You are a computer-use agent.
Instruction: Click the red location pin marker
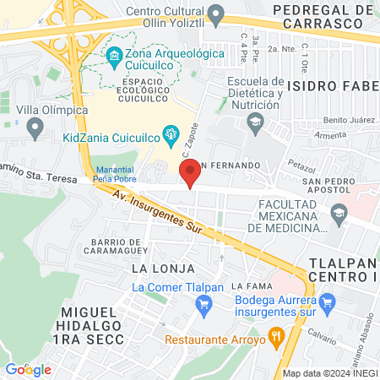(191, 173)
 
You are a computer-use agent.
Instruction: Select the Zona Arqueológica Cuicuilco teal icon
(114, 58)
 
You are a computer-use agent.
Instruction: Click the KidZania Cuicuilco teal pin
(171, 133)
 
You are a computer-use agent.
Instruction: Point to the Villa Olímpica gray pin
(35, 128)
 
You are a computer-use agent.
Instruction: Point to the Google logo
(28, 369)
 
